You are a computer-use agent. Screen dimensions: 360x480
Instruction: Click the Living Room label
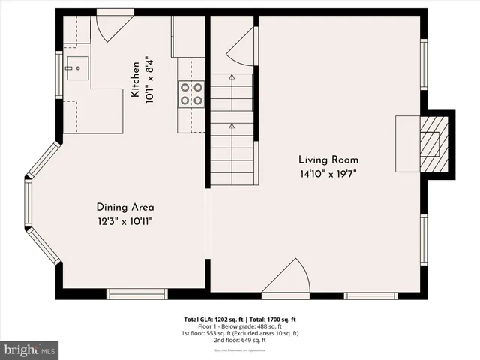328,160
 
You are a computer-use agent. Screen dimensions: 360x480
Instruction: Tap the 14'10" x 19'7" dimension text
328,174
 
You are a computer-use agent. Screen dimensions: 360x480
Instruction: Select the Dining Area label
124,207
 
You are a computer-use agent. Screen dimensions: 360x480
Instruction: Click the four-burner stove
190,94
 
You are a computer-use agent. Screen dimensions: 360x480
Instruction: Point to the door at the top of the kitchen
111,27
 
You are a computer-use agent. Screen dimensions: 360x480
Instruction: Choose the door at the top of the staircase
241,49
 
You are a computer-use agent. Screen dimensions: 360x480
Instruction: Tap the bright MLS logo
30,349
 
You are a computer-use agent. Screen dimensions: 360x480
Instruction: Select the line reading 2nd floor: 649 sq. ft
240,339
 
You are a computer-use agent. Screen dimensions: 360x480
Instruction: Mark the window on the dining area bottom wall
131,294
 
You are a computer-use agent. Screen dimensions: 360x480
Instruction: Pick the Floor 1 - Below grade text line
240,326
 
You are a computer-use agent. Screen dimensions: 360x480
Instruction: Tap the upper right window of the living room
424,64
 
